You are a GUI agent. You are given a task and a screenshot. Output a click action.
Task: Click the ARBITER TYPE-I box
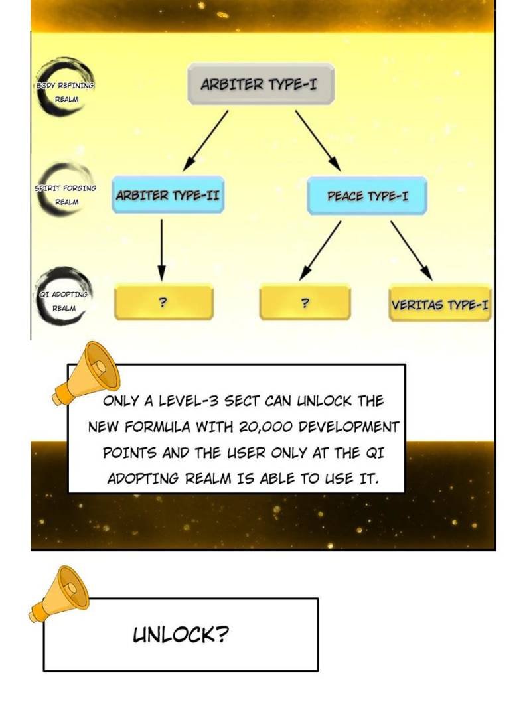click(258, 84)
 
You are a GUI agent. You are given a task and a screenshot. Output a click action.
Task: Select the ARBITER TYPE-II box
click(167, 196)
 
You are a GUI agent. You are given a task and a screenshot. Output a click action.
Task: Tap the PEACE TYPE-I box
click(367, 196)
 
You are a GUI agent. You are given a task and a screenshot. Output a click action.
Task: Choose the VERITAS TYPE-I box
click(439, 305)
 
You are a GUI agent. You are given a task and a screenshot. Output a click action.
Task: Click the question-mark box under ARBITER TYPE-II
click(163, 303)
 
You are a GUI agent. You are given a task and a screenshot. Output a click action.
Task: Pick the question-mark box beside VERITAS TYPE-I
click(305, 303)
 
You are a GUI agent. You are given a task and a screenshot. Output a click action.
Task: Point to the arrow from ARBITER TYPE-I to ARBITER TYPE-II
click(206, 139)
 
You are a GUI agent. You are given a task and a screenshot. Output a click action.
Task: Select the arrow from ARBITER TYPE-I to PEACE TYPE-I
click(317, 139)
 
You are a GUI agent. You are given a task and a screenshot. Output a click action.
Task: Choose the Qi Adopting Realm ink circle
click(64, 298)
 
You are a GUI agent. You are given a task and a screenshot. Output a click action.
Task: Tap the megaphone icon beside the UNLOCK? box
click(61, 594)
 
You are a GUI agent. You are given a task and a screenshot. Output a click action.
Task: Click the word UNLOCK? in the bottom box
click(181, 635)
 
